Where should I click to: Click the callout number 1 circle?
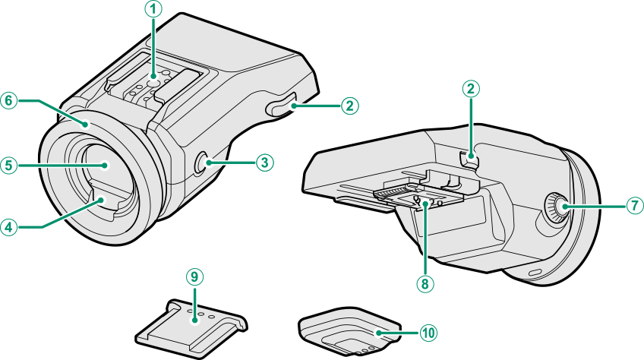[x=154, y=10]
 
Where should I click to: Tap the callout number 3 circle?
[x=264, y=162]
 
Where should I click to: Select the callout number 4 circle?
[x=9, y=226]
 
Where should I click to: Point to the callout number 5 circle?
[x=9, y=163]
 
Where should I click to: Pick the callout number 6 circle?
[x=9, y=101]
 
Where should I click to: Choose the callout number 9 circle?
[x=195, y=276]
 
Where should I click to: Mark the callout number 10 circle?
[x=428, y=332]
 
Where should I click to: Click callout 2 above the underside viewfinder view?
[x=471, y=89]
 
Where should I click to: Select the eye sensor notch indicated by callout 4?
[x=102, y=201]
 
